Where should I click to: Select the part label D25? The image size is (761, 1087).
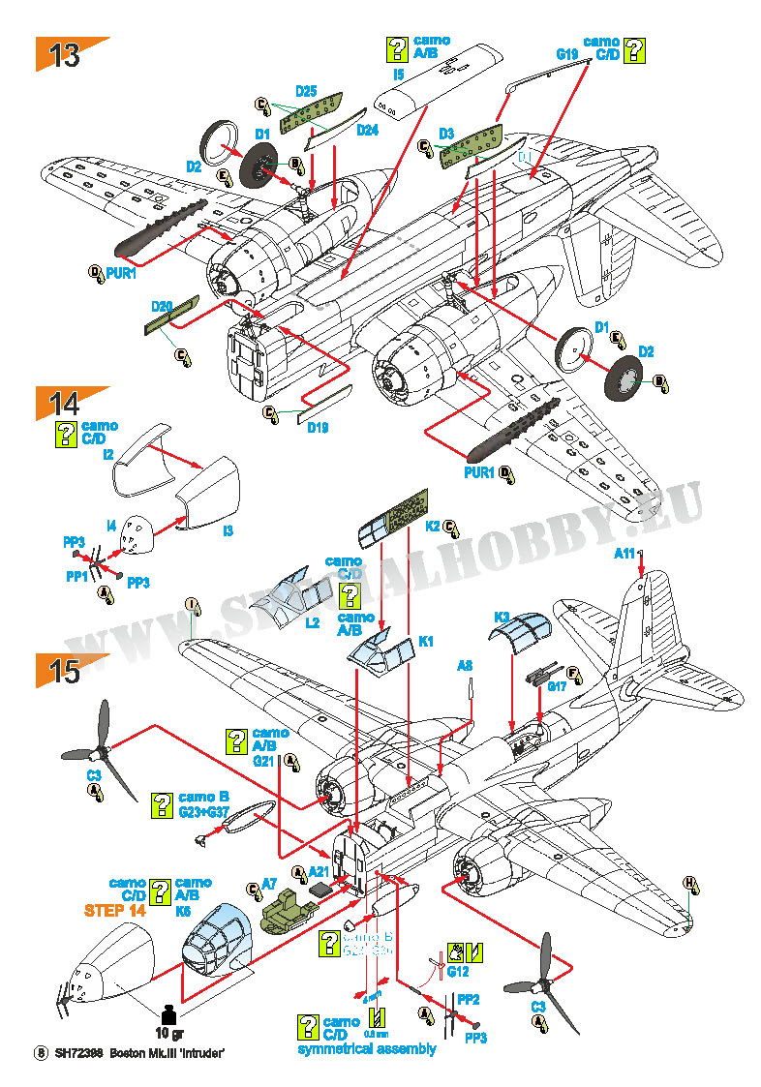(306, 91)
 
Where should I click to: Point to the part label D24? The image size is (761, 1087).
(367, 130)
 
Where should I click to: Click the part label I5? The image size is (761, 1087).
(398, 74)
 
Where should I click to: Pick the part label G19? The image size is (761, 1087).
(567, 55)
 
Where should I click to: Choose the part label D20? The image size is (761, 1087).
(162, 306)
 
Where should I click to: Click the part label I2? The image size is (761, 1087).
(107, 453)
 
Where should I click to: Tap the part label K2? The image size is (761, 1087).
(433, 526)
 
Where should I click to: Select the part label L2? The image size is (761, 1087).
(312, 622)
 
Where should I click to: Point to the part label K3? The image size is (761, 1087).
(502, 617)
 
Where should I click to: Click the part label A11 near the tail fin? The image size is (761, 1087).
(624, 553)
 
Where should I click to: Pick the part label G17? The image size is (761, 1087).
(557, 687)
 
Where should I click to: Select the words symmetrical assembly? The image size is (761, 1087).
(367, 1048)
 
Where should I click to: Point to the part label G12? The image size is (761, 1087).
(458, 971)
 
